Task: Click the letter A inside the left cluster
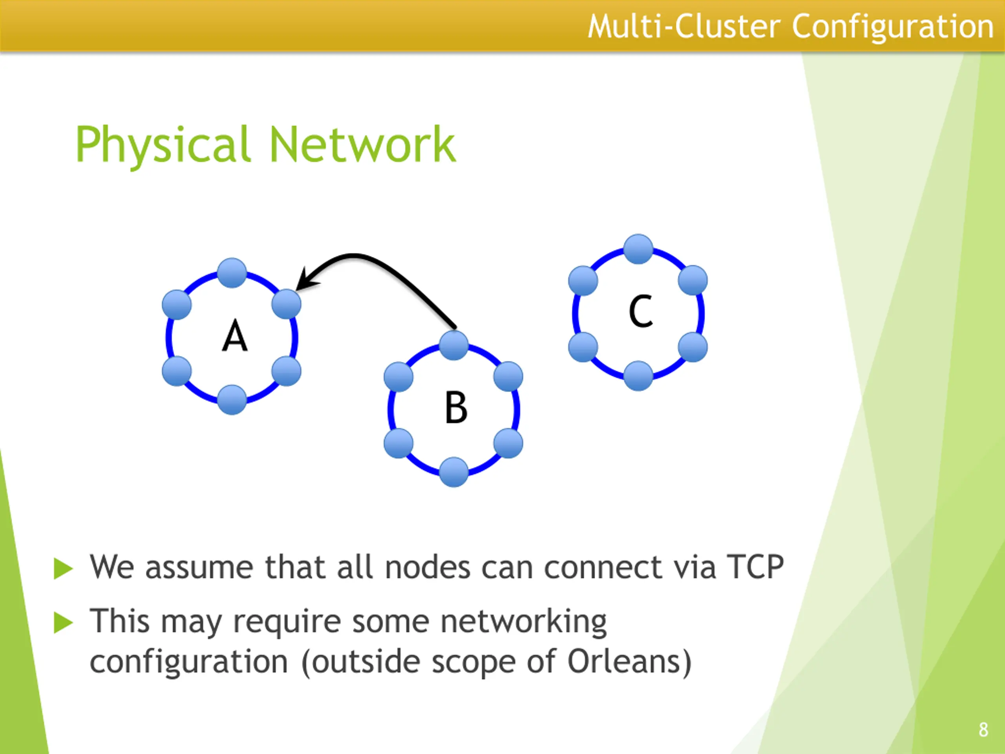235,336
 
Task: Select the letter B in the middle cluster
456,407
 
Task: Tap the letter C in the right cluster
641,311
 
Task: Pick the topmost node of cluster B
454,346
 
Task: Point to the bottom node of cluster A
232,399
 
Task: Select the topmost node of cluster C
638,249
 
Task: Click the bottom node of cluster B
454,472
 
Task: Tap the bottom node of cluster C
638,376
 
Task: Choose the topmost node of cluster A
232,273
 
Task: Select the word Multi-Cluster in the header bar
684,26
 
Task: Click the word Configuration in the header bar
893,26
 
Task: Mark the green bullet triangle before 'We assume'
63,569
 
